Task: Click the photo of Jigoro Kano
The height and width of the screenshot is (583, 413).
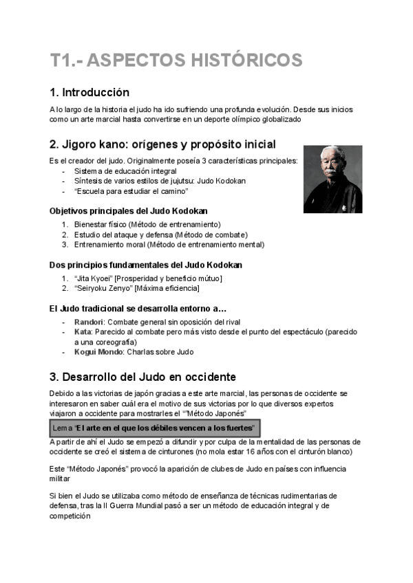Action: tap(333, 179)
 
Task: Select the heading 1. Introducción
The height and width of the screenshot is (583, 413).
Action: tap(89, 92)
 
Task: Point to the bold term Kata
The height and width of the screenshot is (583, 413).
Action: tap(83, 332)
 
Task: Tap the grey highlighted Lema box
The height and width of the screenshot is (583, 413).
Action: tap(154, 428)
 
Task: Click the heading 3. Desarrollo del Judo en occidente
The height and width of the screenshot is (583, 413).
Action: tap(142, 377)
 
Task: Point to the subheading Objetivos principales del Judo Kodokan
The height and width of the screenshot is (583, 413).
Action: tap(129, 210)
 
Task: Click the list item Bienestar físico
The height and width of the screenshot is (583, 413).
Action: tap(107, 224)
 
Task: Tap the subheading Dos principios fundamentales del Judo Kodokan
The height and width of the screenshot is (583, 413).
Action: tap(145, 264)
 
